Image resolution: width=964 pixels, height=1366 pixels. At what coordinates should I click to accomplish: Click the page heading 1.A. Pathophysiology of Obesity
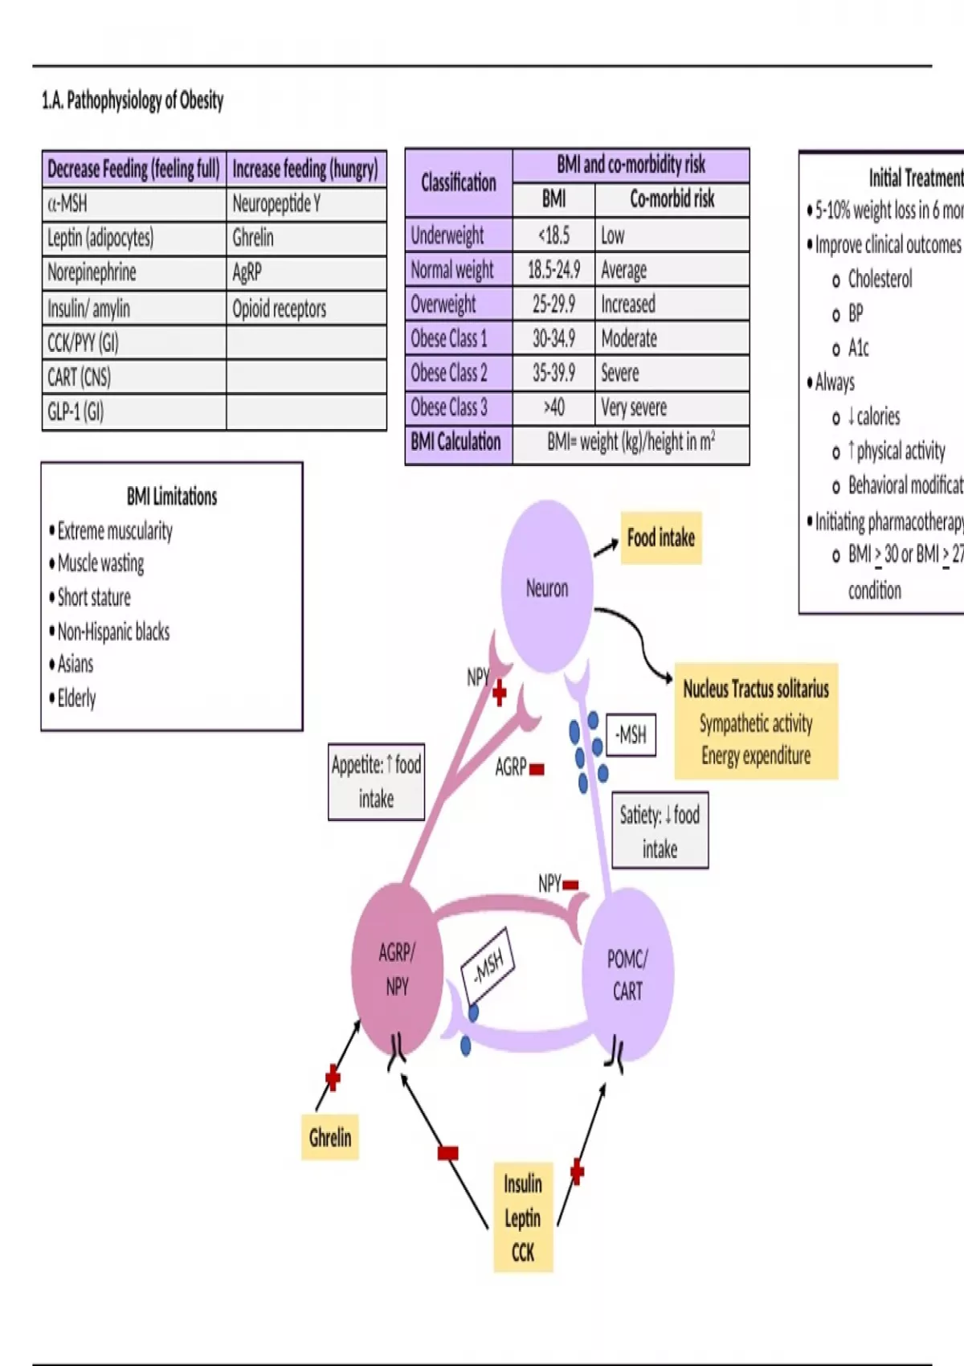(x=133, y=100)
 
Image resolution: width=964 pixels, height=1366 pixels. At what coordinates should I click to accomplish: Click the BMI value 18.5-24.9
(x=553, y=270)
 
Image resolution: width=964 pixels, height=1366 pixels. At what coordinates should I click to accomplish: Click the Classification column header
(x=459, y=183)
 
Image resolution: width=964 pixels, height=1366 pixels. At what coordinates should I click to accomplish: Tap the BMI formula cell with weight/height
(x=631, y=443)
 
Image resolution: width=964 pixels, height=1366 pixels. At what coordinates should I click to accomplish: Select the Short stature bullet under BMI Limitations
(x=94, y=598)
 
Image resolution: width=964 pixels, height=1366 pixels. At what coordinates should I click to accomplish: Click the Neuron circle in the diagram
(x=547, y=587)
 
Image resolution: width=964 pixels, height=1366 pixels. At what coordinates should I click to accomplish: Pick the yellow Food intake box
(x=660, y=538)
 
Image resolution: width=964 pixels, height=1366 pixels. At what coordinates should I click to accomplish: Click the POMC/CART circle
(x=627, y=975)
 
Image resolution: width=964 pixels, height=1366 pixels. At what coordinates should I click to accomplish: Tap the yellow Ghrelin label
(x=329, y=1138)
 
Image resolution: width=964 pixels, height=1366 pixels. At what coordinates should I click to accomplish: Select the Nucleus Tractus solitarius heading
(x=755, y=689)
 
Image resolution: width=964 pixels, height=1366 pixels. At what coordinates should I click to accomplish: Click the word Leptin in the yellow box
(x=522, y=1218)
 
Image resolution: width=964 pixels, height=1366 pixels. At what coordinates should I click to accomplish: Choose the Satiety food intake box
(x=660, y=832)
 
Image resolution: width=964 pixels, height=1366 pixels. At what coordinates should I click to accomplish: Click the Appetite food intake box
(x=376, y=781)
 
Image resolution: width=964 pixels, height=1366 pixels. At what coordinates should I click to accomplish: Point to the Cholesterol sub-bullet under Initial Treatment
(x=880, y=280)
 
